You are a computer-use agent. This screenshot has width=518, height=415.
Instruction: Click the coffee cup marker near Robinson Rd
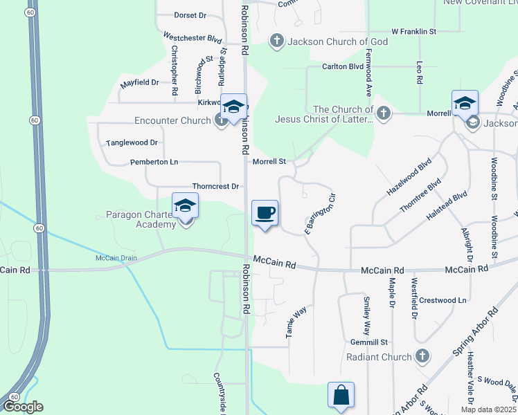[x=264, y=212]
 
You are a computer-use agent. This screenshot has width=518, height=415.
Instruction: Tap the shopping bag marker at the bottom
[x=341, y=396]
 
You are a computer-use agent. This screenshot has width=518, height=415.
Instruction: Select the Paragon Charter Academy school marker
[x=185, y=206]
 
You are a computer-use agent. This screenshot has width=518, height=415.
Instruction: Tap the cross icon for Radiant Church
[x=422, y=357]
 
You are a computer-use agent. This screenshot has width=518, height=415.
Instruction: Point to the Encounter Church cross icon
[x=221, y=120]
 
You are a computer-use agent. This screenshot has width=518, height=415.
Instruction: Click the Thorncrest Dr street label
[x=215, y=186]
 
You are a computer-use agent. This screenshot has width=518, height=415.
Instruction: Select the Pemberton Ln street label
[x=154, y=162]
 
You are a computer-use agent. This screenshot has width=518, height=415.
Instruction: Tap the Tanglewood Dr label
[x=132, y=142]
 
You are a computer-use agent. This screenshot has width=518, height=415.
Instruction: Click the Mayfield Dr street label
[x=139, y=82]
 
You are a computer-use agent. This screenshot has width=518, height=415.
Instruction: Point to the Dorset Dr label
[x=190, y=15]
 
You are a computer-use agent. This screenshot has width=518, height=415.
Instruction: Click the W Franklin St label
[x=413, y=31]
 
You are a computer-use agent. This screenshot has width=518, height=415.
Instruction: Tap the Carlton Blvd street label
[x=342, y=66]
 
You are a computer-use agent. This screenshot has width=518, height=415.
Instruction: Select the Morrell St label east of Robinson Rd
[x=269, y=161]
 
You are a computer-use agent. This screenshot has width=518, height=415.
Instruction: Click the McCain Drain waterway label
[x=116, y=258]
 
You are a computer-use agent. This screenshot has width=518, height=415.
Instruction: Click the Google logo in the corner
[x=23, y=407]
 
